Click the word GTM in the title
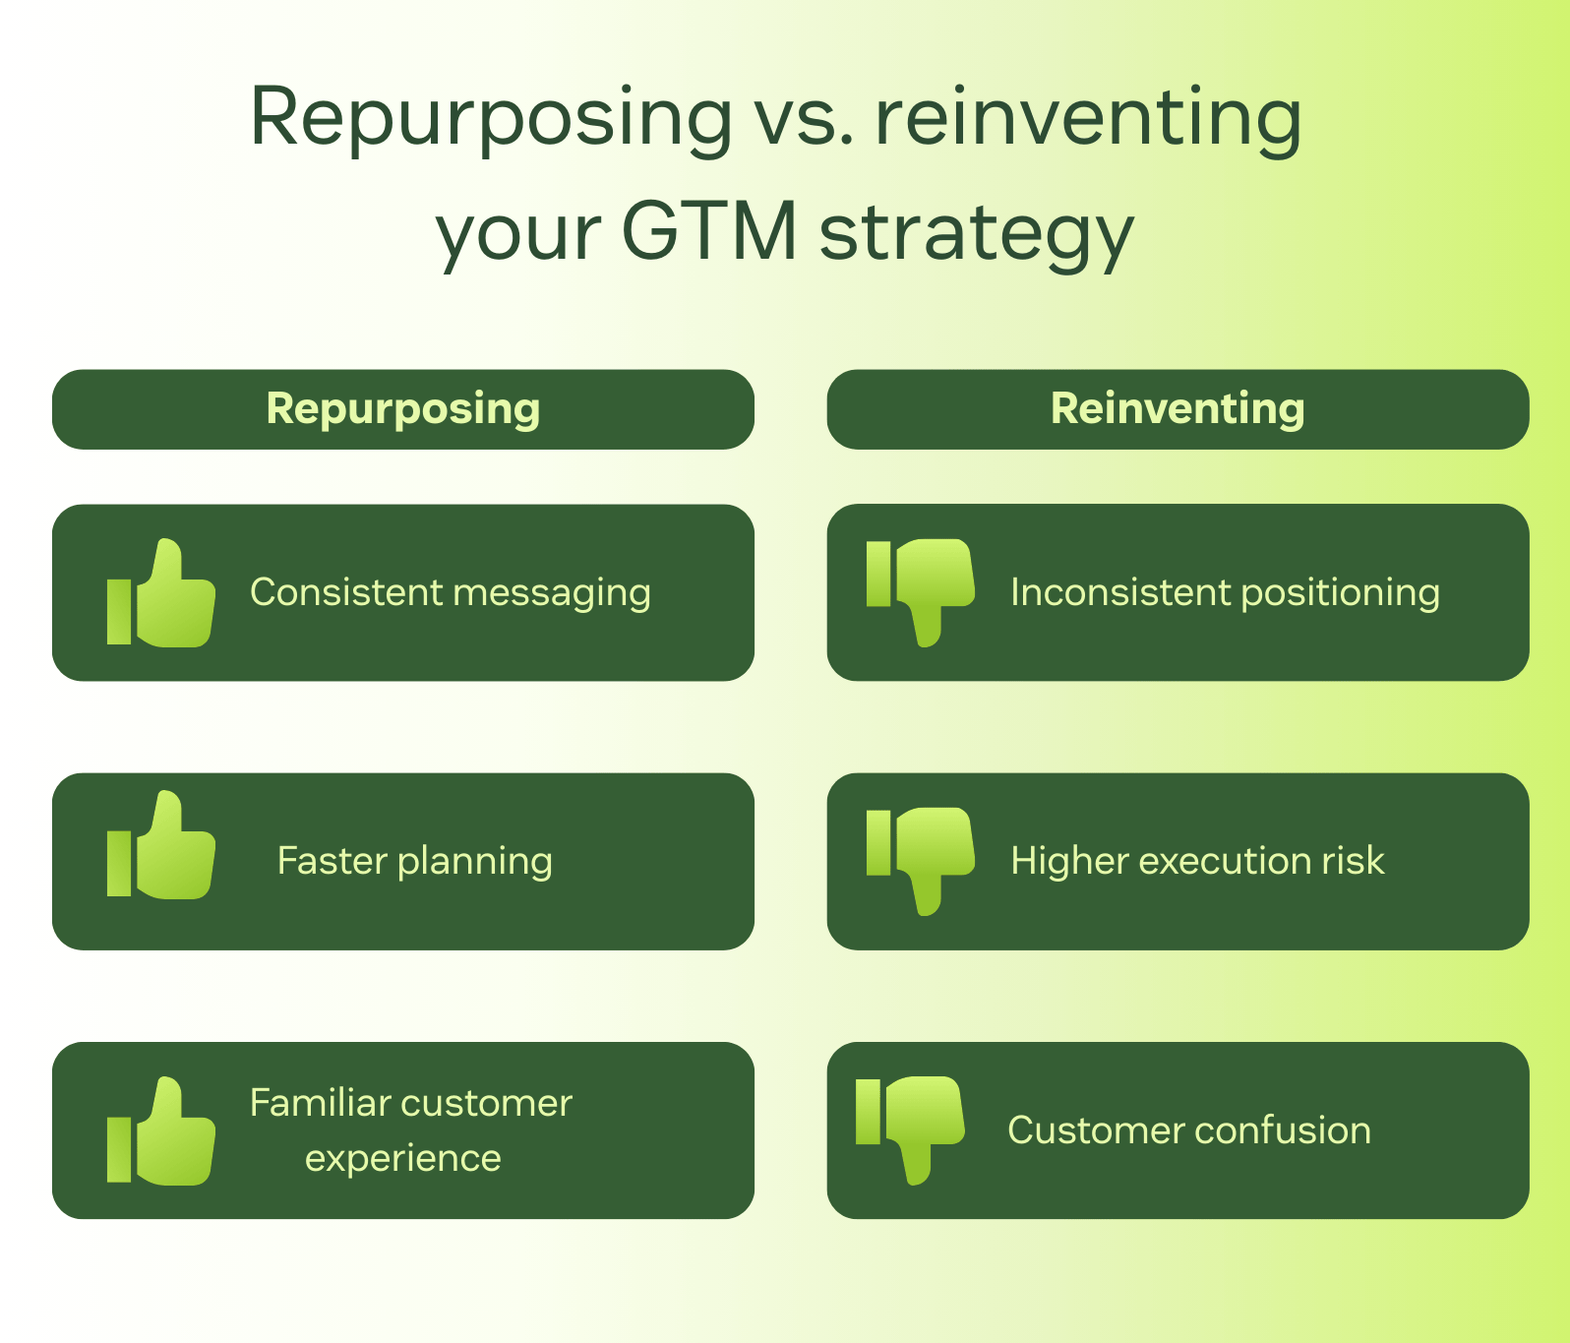708,232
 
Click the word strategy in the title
976,234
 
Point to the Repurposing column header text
403,409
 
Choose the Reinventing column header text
1177,409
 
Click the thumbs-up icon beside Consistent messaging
161,593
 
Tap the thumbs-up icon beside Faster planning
161,846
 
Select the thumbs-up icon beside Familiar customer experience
161,1131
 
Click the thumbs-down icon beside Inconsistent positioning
921,590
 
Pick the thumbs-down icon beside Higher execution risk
921,859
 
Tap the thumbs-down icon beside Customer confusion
911,1129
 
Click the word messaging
552,593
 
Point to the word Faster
332,861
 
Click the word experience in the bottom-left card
403,1158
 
